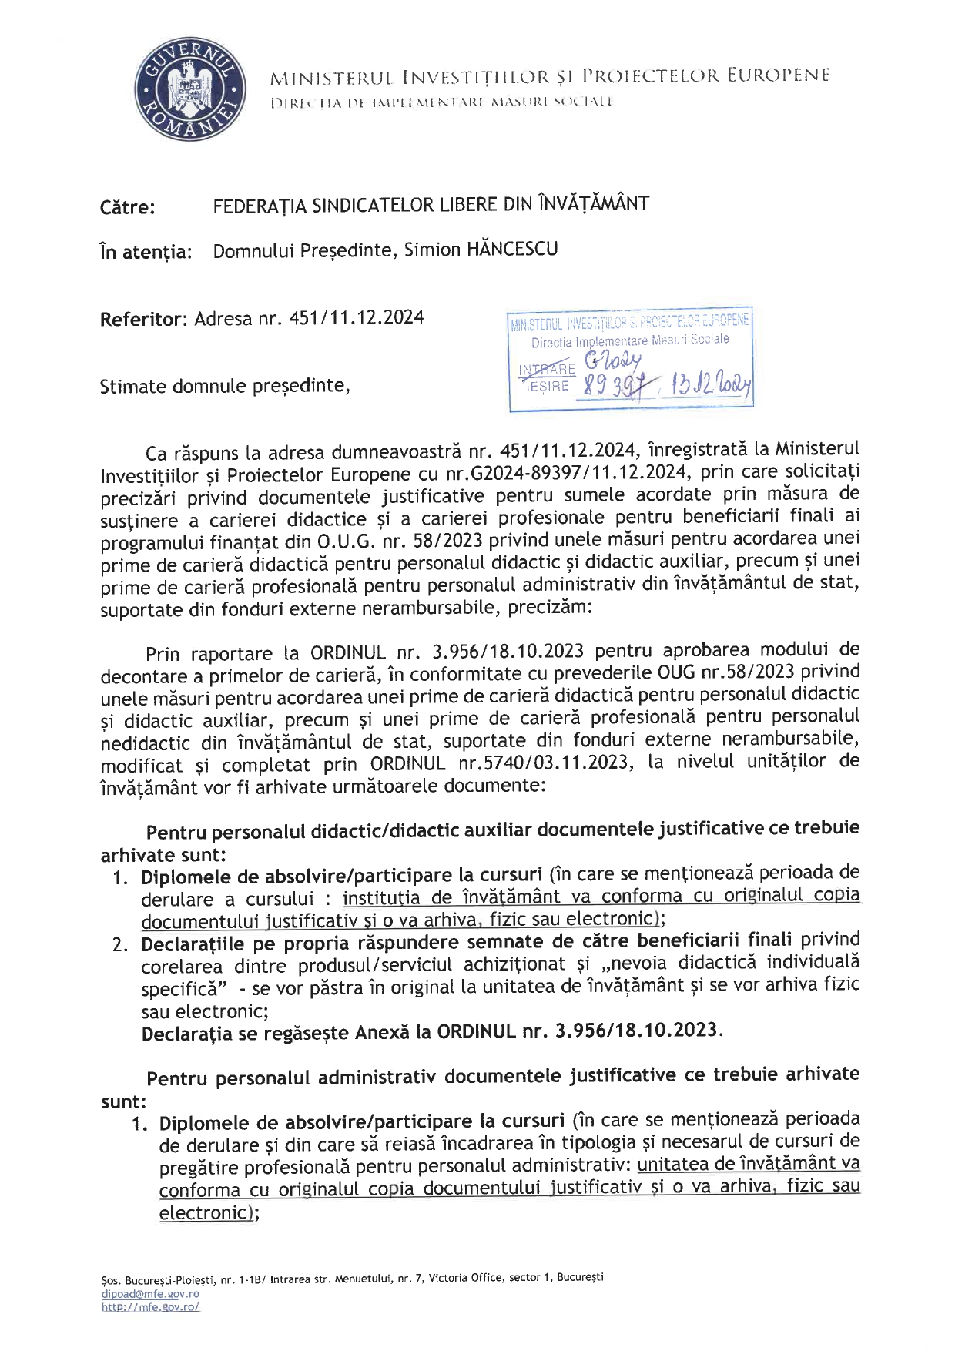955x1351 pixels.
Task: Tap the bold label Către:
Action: (x=127, y=208)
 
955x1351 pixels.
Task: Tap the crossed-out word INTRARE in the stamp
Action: (x=548, y=369)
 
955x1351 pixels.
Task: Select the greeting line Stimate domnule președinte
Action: (x=226, y=386)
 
